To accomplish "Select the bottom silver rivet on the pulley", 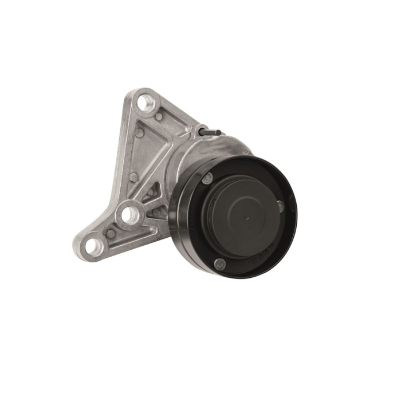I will pos(218,263).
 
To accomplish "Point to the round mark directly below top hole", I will pos(139,133).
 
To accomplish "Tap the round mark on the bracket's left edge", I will pos(133,176).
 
